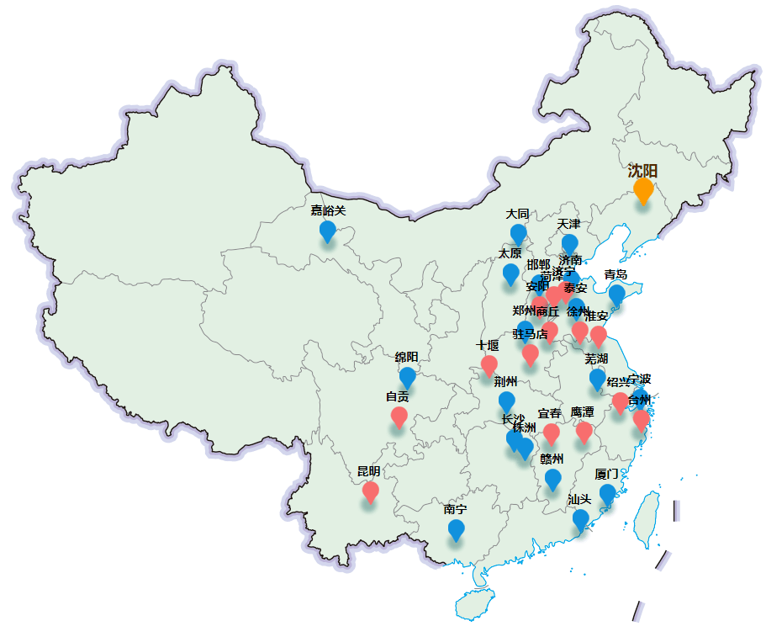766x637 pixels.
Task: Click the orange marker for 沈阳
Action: (643, 190)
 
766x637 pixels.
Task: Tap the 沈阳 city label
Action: (642, 171)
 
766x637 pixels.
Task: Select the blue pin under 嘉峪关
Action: (328, 231)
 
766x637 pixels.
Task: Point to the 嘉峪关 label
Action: (328, 210)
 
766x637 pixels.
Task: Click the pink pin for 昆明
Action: (370, 491)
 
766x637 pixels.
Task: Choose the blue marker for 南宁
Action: (456, 529)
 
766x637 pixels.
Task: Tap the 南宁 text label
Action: (456, 510)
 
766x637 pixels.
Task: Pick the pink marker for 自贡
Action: (399, 417)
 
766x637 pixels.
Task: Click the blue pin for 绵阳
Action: (407, 377)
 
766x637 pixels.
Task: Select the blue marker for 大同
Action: (518, 234)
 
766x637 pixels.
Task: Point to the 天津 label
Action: (568, 224)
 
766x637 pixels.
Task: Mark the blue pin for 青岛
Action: (616, 294)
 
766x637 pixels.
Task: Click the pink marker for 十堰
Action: (489, 364)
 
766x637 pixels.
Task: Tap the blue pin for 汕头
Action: (580, 519)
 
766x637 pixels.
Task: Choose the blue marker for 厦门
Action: (607, 494)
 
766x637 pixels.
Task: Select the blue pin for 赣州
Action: (552, 479)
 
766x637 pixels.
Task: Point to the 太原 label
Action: (510, 253)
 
